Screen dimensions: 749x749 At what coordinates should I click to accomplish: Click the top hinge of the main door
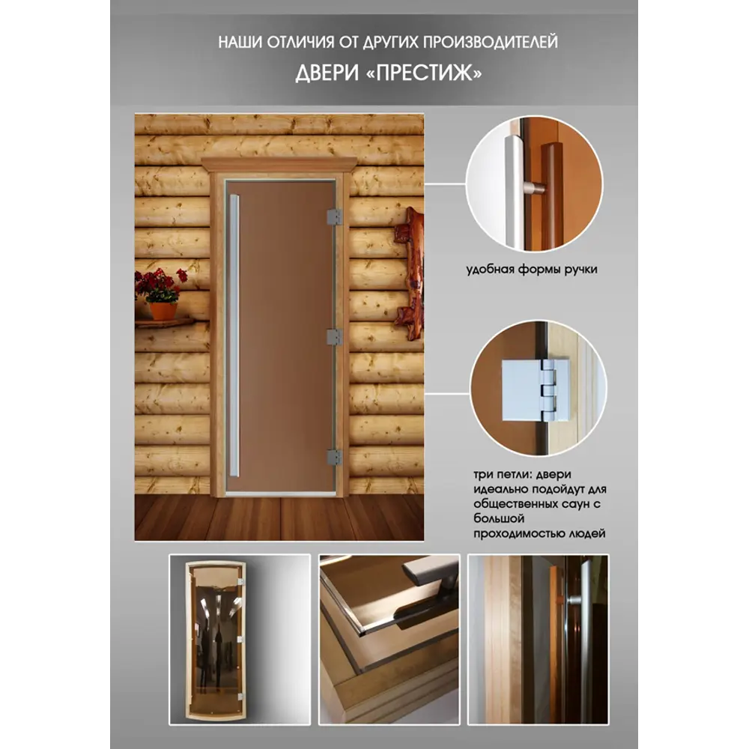click(x=334, y=217)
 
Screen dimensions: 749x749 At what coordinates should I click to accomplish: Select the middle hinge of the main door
click(x=334, y=336)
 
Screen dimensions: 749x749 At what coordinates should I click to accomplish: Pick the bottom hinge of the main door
click(x=334, y=455)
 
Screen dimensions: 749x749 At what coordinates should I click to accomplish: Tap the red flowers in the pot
click(x=160, y=284)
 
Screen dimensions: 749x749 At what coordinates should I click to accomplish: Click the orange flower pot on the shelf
click(x=163, y=310)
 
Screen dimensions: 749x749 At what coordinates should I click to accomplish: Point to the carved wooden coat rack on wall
click(x=410, y=273)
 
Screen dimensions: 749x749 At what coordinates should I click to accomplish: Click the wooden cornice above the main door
click(x=279, y=163)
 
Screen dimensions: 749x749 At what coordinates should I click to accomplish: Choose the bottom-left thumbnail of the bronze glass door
click(x=240, y=639)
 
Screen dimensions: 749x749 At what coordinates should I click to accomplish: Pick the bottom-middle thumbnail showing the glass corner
click(x=389, y=639)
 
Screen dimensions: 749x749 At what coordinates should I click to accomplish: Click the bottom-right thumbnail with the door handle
click(x=537, y=639)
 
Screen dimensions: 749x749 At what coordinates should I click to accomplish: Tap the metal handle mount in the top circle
click(x=534, y=187)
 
